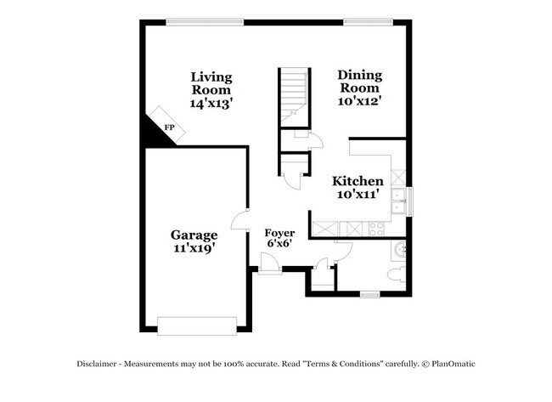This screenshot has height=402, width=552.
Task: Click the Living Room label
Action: tap(211, 82)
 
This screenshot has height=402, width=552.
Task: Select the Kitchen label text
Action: tap(358, 181)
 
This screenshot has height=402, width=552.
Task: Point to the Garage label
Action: tap(194, 235)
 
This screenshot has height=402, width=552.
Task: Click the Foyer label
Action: tap(279, 233)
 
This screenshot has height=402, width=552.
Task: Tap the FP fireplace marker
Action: tap(169, 127)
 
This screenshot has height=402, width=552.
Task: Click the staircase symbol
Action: tap(293, 95)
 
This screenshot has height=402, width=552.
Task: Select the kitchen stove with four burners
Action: tap(375, 228)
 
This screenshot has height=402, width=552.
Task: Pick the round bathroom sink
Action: tap(402, 251)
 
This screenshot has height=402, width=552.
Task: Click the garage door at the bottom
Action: tap(197, 326)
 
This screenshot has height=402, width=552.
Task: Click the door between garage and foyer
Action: tap(247, 223)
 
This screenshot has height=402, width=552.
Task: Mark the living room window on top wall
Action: tap(204, 21)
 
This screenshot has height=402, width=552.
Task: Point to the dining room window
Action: tap(362, 21)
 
